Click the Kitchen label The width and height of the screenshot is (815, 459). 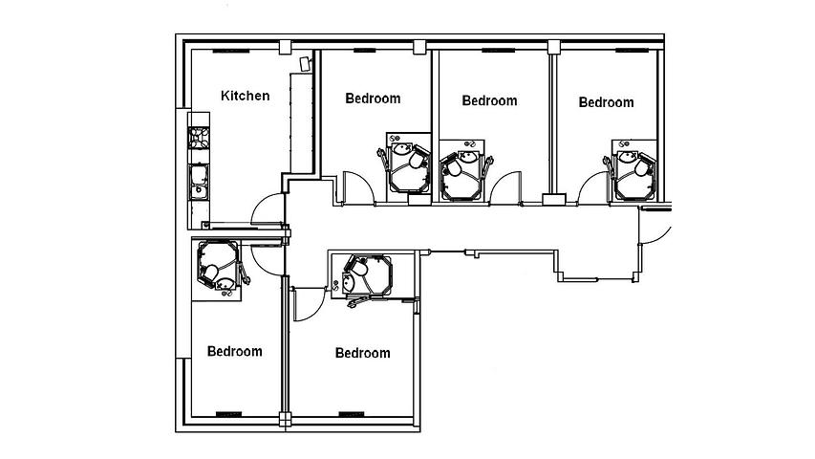tap(245, 96)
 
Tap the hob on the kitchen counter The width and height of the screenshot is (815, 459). tap(199, 138)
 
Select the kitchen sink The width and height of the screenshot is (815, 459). tap(199, 182)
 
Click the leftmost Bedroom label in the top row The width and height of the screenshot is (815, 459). tap(373, 98)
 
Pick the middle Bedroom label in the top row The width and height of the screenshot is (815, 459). tap(489, 100)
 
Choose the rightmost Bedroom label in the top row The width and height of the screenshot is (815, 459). tap(606, 102)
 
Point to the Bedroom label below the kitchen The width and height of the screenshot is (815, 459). tap(234, 351)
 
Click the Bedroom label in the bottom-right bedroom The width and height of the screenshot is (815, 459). tap(362, 353)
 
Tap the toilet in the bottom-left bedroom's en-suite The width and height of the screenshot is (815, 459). tap(211, 272)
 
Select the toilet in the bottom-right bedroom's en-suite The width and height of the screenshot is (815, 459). tap(359, 268)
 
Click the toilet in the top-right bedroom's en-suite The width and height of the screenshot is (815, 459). tap(642, 167)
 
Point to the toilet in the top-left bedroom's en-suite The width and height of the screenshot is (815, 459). tap(417, 160)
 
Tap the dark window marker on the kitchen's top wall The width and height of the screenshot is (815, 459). tap(231, 51)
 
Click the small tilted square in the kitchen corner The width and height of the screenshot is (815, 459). tap(306, 64)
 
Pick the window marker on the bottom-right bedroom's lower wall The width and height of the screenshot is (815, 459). tap(352, 414)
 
